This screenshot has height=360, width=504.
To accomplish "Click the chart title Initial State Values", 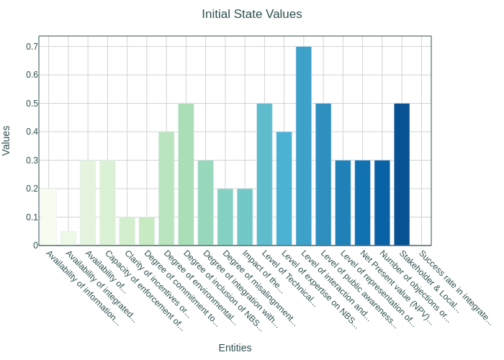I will click(251, 14).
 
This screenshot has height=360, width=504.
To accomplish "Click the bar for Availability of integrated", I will click(68, 238).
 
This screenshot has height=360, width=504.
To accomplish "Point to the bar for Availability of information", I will click(49, 217).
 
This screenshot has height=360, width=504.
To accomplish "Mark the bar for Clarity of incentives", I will click(127, 231).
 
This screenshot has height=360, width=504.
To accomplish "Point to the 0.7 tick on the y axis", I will click(32, 47).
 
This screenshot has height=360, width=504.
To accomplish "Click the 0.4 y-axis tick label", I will click(32, 132).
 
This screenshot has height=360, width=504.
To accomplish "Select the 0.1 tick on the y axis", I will click(32, 217).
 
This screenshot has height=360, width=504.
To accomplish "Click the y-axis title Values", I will click(7, 140).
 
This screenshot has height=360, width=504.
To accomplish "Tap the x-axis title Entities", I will click(235, 348).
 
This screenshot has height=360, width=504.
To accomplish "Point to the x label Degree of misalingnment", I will click(258, 288).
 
